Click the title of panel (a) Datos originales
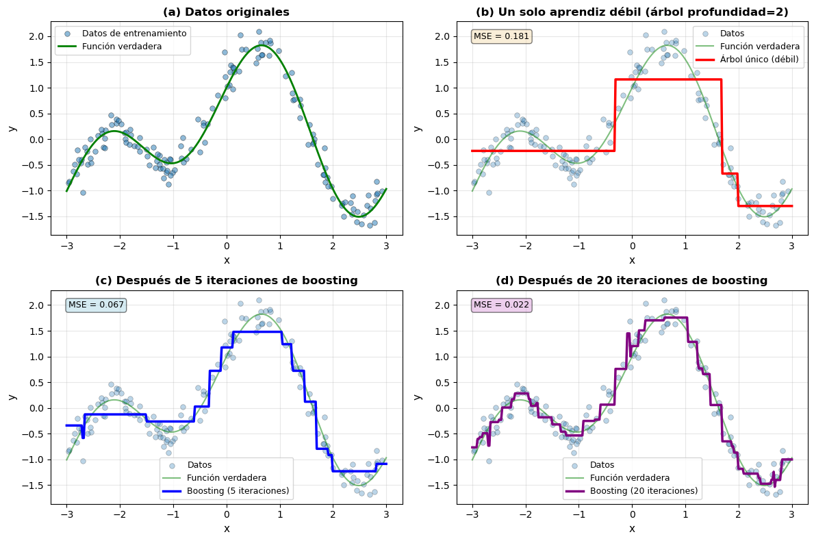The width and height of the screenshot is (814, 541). pos(226,12)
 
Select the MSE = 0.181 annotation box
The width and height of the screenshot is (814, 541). pos(501,36)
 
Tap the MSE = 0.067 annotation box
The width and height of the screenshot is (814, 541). pos(96,305)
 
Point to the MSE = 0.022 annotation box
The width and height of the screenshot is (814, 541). pos(501,305)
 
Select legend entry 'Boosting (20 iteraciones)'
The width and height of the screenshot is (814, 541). pos(643,490)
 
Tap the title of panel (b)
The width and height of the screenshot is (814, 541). pos(632,12)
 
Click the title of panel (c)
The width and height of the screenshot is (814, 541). pos(226,280)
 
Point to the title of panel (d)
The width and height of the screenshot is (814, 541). pos(632,280)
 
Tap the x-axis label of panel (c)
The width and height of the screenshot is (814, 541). pos(227,529)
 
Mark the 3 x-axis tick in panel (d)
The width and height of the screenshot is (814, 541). pos(791,515)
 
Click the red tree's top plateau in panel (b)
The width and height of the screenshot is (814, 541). pos(667,79)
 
